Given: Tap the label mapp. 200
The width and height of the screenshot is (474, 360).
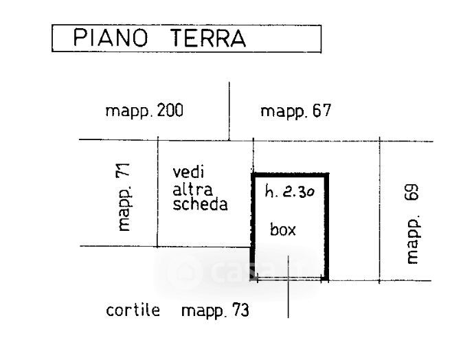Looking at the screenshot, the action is [x=144, y=111].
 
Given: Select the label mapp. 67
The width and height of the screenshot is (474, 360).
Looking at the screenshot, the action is [x=296, y=111].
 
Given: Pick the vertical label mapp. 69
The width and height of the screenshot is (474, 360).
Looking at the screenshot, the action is [x=411, y=223].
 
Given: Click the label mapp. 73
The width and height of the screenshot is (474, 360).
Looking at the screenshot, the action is [x=215, y=311].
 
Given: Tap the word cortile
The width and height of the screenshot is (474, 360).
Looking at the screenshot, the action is [x=133, y=310].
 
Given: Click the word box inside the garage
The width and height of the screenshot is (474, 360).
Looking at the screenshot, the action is [x=283, y=229].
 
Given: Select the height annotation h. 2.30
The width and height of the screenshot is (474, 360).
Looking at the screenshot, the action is [x=290, y=193].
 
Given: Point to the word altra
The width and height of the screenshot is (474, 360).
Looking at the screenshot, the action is [x=193, y=188].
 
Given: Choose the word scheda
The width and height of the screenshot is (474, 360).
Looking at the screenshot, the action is [x=201, y=205].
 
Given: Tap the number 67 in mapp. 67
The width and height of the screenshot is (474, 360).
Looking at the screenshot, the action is [x=320, y=111].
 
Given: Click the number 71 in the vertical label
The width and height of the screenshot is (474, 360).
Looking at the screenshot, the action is [x=124, y=172].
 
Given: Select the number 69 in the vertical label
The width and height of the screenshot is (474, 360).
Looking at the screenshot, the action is [x=411, y=193].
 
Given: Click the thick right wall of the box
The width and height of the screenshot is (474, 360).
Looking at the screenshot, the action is [x=327, y=227].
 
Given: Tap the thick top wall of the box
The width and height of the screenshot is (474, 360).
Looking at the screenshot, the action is [x=290, y=175].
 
